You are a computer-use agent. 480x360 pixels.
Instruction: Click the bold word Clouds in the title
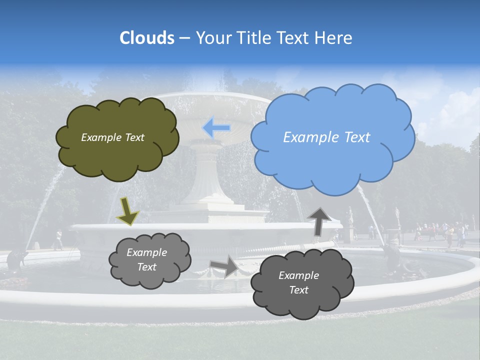[x=147, y=38]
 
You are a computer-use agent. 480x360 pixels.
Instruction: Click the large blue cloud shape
[x=332, y=160]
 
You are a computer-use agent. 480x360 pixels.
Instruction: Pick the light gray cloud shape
[x=150, y=277]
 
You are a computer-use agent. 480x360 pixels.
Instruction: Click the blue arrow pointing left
[x=216, y=128]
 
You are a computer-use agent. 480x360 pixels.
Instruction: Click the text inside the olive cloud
[x=112, y=137]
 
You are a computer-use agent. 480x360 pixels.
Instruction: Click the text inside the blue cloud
[x=326, y=137]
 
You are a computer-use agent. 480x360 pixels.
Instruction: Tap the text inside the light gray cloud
[x=146, y=259]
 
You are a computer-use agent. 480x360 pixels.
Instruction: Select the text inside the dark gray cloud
[x=298, y=282]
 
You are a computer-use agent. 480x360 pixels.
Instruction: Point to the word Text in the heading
[x=292, y=38]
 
